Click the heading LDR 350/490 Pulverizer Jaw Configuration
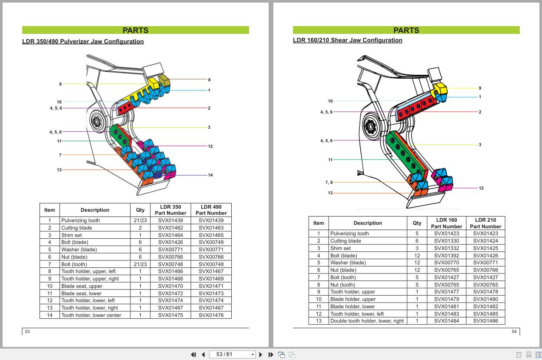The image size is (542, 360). [x=83, y=42]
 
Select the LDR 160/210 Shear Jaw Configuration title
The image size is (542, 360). [x=347, y=40]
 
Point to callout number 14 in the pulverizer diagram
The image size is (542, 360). [x=210, y=175]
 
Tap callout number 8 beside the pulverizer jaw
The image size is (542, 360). [x=209, y=80]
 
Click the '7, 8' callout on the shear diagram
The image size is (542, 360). [x=329, y=183]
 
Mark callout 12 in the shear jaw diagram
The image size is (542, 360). [x=481, y=188]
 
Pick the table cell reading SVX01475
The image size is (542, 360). [x=170, y=315]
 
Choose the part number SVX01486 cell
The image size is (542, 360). [x=485, y=321]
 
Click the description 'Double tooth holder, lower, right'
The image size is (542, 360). [x=367, y=321]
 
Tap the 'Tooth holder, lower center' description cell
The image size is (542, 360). [x=91, y=315]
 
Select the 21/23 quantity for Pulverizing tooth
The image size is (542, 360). [x=140, y=220]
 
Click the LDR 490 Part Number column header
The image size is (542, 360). [x=211, y=210]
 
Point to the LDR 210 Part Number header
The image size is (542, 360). [x=485, y=223]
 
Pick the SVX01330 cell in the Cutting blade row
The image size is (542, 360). [x=446, y=241]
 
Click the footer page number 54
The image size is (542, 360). [x=514, y=332]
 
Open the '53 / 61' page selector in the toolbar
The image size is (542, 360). [x=232, y=354]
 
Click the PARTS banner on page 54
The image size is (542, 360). [x=406, y=30]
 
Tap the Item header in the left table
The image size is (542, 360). [x=50, y=210]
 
